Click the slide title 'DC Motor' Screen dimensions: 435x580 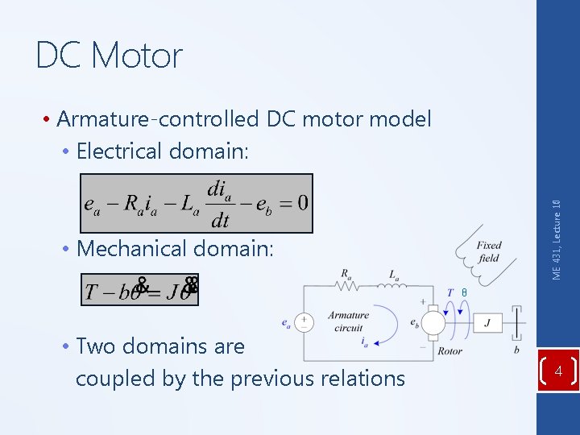(x=110, y=56)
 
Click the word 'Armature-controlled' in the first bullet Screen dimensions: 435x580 (x=158, y=119)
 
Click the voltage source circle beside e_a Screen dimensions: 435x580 (x=304, y=321)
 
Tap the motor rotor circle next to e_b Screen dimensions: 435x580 (x=434, y=322)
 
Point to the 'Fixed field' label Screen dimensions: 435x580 (x=488, y=252)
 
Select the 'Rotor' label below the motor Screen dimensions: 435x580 (x=449, y=351)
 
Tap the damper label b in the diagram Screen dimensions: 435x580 (x=516, y=350)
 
